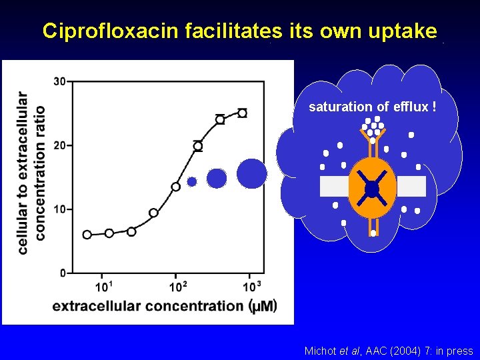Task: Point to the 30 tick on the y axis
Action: point(59,82)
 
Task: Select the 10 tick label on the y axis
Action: point(59,209)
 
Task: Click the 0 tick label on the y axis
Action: point(62,273)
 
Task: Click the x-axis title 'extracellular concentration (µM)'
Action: point(164,306)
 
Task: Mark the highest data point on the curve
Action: point(242,113)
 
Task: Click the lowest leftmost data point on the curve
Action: point(87,234)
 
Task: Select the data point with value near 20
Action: point(198,145)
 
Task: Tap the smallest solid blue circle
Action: point(192,181)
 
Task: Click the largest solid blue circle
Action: point(251,173)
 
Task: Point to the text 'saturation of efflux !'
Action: point(373,107)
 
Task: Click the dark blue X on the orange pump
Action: point(372,189)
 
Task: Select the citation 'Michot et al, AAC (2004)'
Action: point(388,351)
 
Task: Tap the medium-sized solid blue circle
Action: point(217,178)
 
